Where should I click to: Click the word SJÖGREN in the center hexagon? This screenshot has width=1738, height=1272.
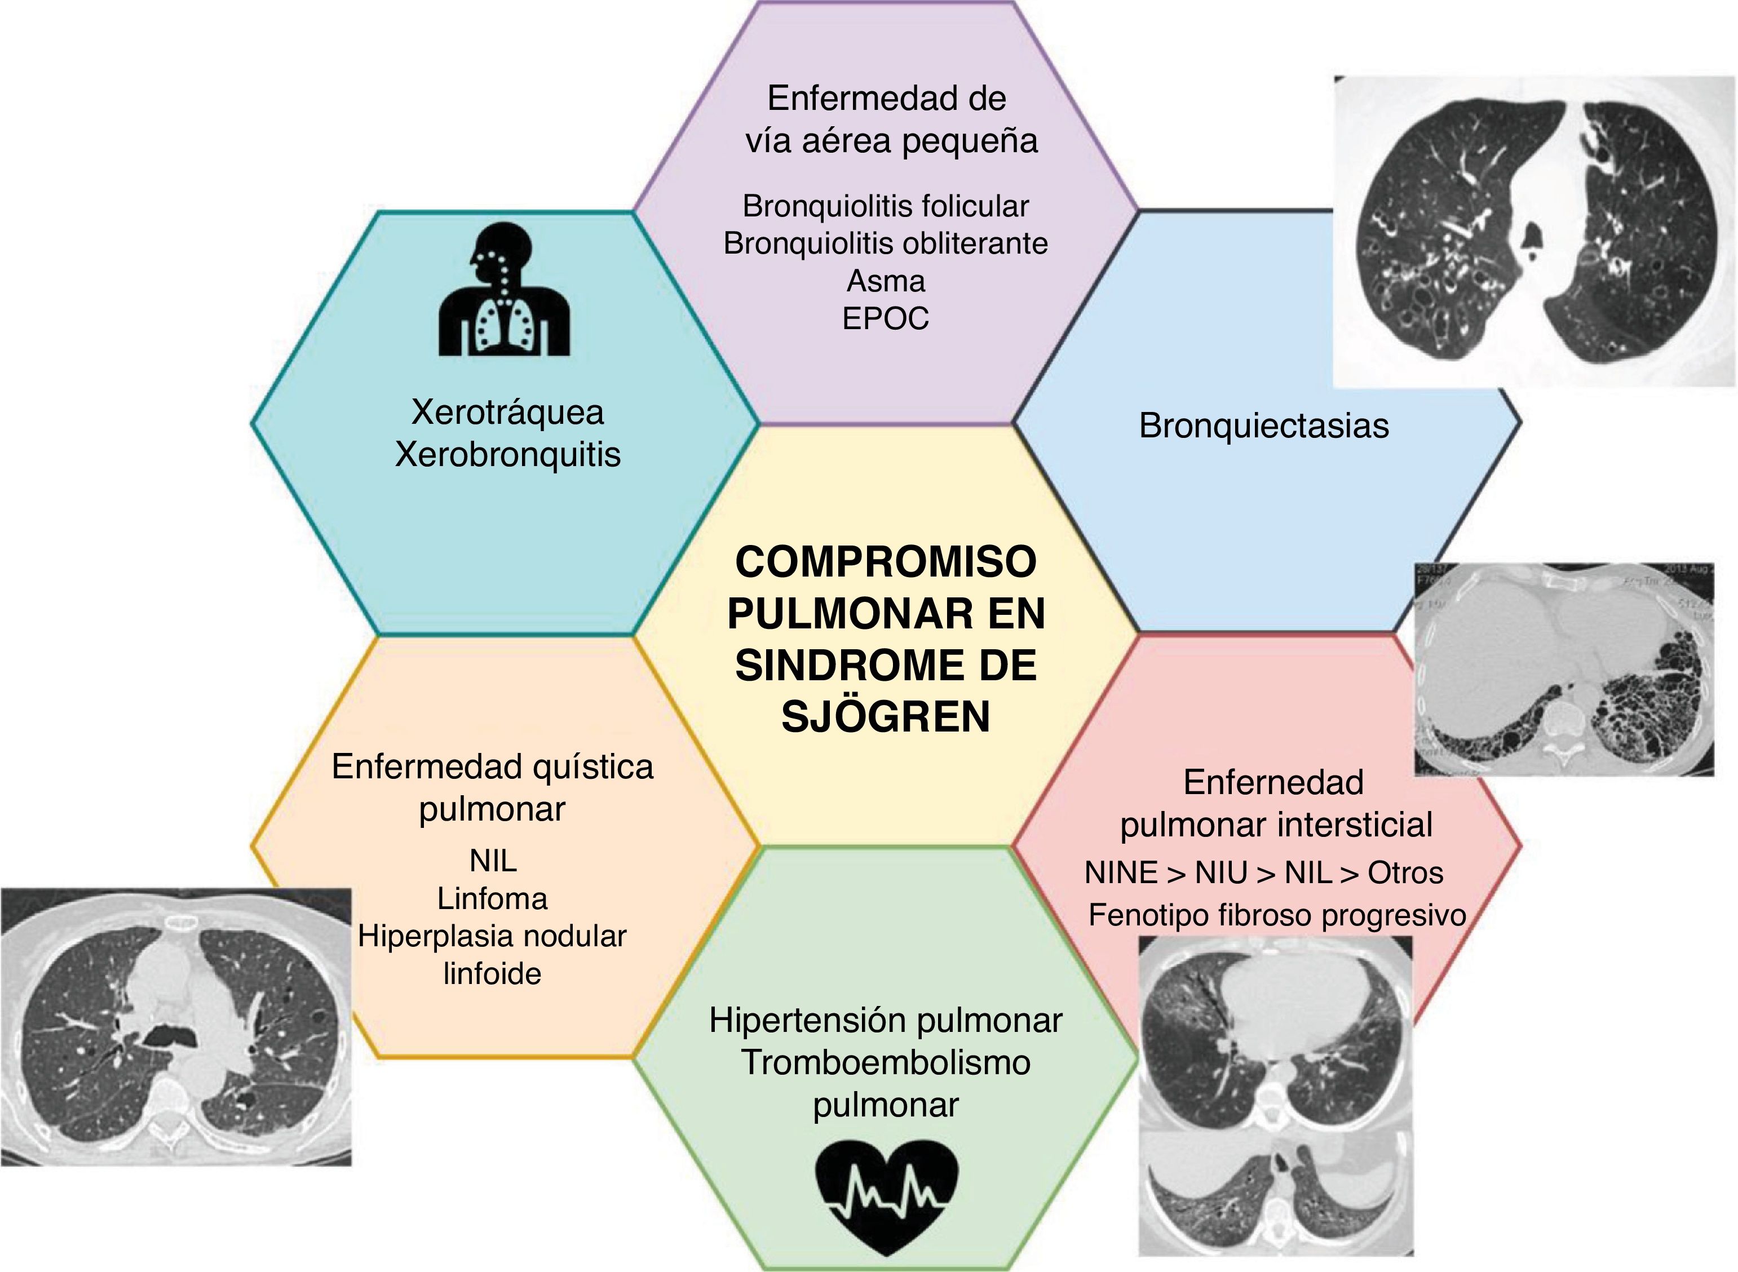tap(886, 717)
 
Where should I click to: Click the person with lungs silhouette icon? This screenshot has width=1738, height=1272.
tap(505, 290)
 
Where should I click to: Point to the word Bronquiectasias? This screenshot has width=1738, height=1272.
tap(1264, 426)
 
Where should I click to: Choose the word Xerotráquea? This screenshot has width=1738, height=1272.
tap(507, 412)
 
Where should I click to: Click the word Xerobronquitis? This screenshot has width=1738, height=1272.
tap(507, 454)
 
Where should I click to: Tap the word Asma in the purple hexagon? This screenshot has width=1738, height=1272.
tap(886, 281)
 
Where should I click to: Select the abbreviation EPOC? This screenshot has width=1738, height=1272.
tap(886, 318)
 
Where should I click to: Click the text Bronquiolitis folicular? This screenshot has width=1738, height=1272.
tap(886, 206)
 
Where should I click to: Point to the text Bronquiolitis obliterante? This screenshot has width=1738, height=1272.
tap(886, 243)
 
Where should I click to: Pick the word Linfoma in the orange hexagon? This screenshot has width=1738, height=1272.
tap(492, 898)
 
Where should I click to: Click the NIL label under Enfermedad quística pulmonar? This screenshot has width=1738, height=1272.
tap(493, 861)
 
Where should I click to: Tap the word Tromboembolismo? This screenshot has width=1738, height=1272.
tap(886, 1062)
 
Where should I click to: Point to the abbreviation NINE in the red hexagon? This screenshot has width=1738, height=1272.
tap(1121, 873)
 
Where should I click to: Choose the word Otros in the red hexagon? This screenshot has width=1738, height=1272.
tap(1405, 873)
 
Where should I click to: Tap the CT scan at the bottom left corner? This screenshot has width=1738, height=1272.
tap(175, 1026)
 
